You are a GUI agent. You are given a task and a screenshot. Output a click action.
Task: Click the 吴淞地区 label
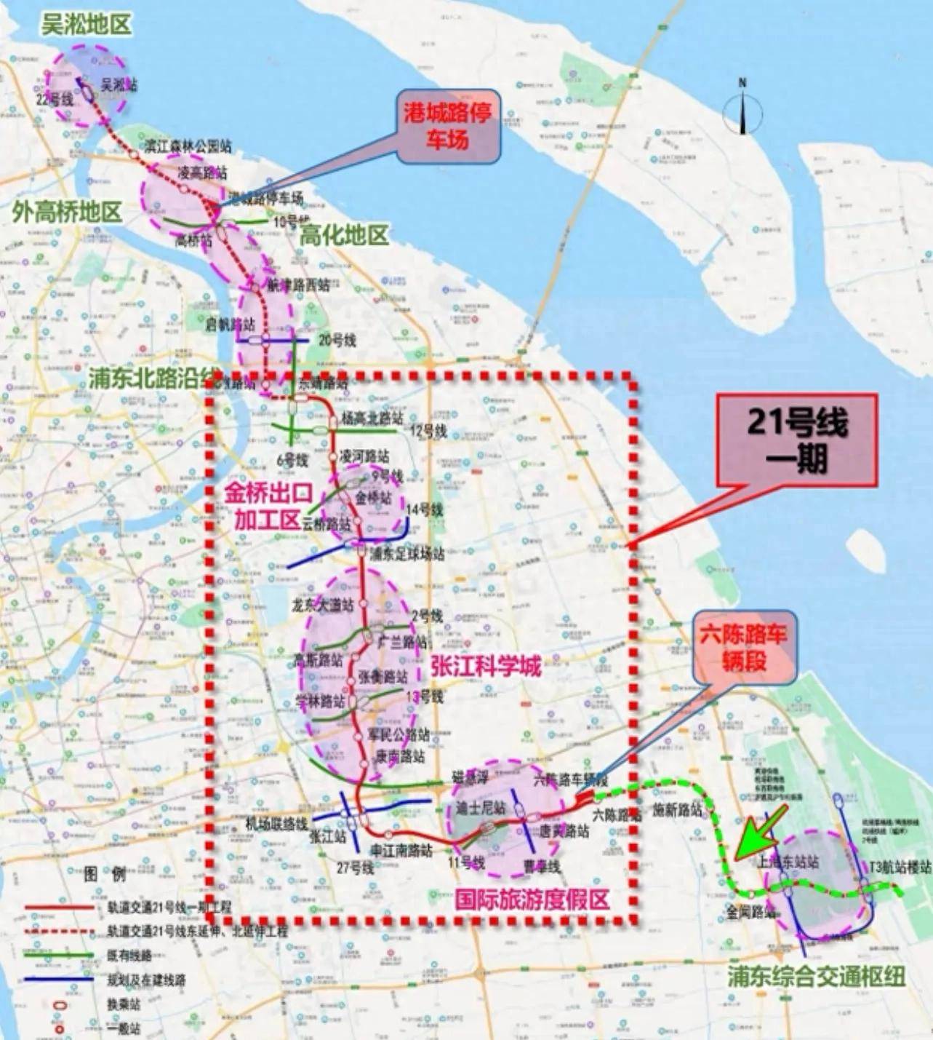coord(87,25)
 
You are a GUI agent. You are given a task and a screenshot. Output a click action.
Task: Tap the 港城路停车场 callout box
coord(448,126)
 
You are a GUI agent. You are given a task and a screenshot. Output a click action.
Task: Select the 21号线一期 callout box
coord(797,440)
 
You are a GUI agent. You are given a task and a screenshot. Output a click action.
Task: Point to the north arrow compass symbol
coord(742,109)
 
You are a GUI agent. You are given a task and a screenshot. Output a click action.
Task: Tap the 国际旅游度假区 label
coord(532,900)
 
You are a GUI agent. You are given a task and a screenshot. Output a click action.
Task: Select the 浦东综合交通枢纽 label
coord(817,977)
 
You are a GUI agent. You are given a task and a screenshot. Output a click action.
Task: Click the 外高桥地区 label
coord(67,213)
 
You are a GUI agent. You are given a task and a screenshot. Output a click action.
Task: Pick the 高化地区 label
coord(345,235)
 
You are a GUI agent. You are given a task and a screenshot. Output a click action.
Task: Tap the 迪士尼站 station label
coord(481,808)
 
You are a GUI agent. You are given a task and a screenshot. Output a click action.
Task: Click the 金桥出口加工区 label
coord(268,506)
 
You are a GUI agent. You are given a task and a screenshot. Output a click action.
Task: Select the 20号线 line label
coord(337,340)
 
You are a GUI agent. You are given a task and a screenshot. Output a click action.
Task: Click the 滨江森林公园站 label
coord(188,146)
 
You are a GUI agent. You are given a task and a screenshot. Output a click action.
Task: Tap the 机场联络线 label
coord(276,824)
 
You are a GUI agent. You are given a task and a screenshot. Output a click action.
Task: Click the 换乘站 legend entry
coord(124,1005)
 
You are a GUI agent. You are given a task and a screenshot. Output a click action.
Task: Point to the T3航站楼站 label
coord(900,867)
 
